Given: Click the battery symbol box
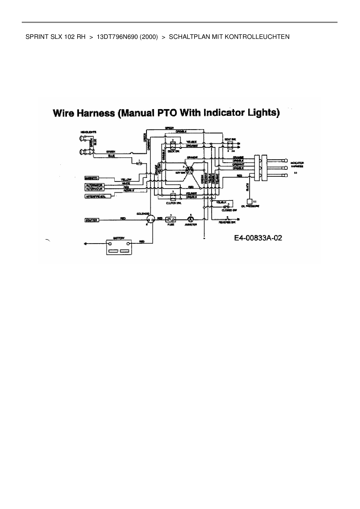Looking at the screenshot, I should (x=119, y=247).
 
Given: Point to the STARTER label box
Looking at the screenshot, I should (x=91, y=220).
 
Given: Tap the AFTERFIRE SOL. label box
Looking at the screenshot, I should (x=95, y=196).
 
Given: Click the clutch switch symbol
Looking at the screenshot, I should (x=173, y=197).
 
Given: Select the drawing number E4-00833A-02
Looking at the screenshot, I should (x=258, y=238).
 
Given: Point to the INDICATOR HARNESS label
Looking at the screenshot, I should (x=297, y=165).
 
